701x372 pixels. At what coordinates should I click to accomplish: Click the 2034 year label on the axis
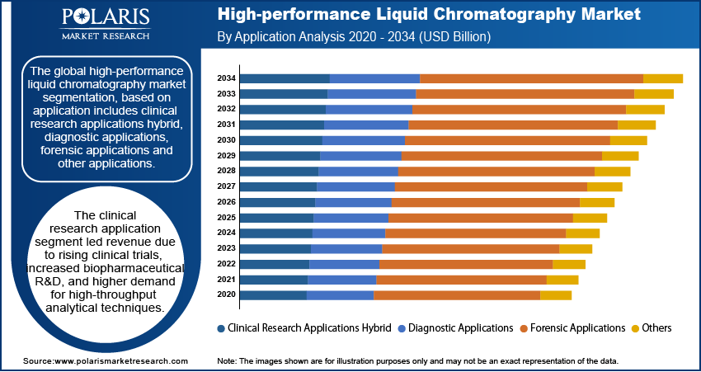(x=227, y=78)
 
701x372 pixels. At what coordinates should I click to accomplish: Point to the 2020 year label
(x=227, y=295)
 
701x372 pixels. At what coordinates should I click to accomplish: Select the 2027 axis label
(x=227, y=186)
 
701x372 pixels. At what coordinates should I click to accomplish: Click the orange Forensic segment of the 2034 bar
(x=531, y=78)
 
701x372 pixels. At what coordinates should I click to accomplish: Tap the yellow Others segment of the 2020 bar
(x=556, y=295)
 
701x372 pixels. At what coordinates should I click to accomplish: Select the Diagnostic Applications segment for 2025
(x=350, y=218)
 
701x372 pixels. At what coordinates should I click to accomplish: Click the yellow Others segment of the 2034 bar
(x=663, y=78)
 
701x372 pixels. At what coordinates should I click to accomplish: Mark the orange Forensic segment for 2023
(x=470, y=248)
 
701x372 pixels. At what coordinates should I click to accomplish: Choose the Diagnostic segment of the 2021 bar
(x=341, y=280)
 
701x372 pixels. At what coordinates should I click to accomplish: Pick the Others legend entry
(x=656, y=328)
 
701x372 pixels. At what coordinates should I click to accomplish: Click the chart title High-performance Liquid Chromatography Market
(x=428, y=16)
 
